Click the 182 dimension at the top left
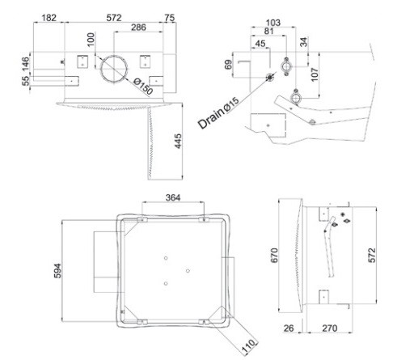(x=49, y=18)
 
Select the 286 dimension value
(x=138, y=28)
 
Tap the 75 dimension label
(x=170, y=18)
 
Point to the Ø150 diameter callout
(x=143, y=87)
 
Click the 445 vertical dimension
(x=178, y=141)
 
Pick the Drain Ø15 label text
(x=218, y=112)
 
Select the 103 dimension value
(x=273, y=23)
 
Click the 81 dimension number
(x=268, y=32)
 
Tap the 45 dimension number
(x=260, y=44)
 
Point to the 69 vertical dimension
(x=228, y=65)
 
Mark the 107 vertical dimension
(x=315, y=74)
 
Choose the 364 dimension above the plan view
(x=173, y=197)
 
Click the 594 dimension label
(x=57, y=271)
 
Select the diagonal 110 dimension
(x=248, y=345)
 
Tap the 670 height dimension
(x=274, y=255)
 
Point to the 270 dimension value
(x=329, y=328)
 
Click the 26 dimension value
(x=289, y=328)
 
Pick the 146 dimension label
(x=25, y=64)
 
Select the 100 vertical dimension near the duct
(x=91, y=40)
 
